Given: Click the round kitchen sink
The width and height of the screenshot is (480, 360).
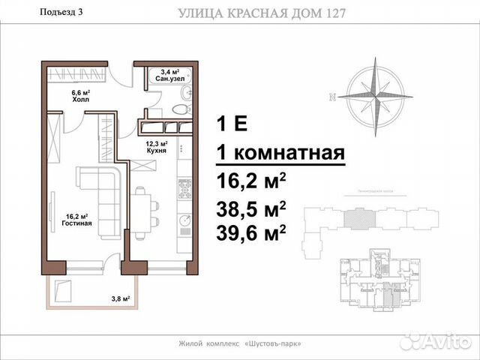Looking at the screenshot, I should point(182,221).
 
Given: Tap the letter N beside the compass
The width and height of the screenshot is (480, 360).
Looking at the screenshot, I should point(331,96).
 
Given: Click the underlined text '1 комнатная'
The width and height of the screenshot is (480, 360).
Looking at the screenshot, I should point(280,152).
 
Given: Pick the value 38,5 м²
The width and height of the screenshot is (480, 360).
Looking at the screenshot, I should point(251,209).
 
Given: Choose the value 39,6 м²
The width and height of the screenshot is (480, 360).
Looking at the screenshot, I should point(251,234).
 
